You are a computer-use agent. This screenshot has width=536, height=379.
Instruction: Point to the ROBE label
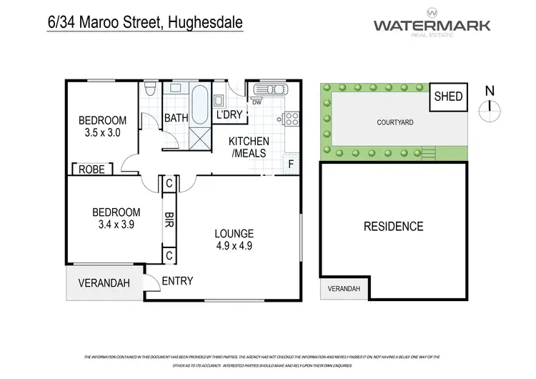(91, 169)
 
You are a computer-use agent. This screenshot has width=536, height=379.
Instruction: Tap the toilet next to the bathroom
(150, 91)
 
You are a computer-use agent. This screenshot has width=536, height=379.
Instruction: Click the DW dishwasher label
(256, 102)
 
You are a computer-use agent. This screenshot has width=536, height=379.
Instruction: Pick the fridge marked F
(291, 162)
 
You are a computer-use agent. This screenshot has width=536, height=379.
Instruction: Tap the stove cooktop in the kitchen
(291, 119)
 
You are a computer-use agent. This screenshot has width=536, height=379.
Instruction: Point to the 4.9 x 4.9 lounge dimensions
(234, 246)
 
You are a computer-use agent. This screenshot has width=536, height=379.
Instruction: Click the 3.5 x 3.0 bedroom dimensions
(102, 132)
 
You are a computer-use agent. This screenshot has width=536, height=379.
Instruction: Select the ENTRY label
(177, 281)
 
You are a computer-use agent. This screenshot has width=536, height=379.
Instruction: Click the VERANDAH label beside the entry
(104, 283)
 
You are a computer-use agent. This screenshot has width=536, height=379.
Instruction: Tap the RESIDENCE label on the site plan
(394, 227)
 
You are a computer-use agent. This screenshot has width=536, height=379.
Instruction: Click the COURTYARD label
(394, 122)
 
